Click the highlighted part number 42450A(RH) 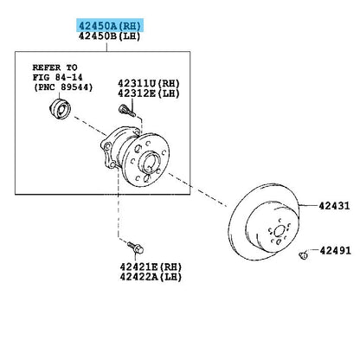(x=110, y=26)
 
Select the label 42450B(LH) (x=109, y=36)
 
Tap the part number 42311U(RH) (x=149, y=84)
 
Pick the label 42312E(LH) (x=149, y=93)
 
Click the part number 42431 (x=334, y=206)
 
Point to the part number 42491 (x=335, y=250)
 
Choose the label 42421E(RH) (x=151, y=267)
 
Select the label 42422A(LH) (x=151, y=277)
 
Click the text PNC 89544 (x=63, y=87)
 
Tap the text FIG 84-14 (x=57, y=77)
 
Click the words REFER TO (x=55, y=67)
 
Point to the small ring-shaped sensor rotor (x=60, y=109)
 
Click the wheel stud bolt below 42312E (x=127, y=111)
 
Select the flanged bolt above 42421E (x=136, y=247)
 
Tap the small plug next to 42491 (x=303, y=255)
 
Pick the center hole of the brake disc (x=279, y=231)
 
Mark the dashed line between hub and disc (x=198, y=190)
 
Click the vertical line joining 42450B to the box (x=106, y=47)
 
